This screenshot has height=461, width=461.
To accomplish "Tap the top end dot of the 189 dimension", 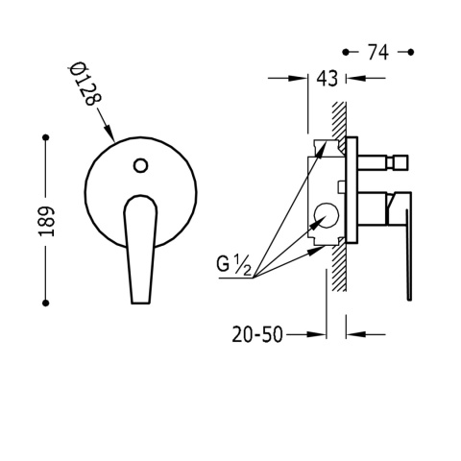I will [x=44, y=139].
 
